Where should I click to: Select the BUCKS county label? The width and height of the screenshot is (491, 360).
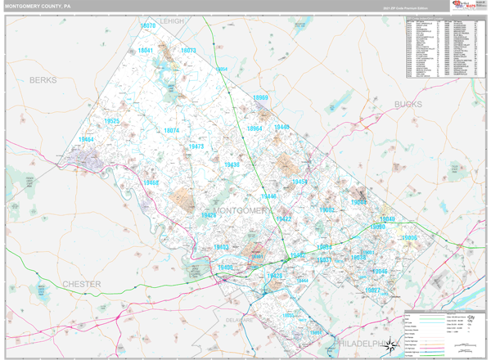point(408,105)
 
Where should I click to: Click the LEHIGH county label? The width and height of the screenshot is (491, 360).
point(174,19)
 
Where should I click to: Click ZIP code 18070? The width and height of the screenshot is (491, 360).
point(148,26)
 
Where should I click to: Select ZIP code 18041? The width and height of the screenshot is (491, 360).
point(146,51)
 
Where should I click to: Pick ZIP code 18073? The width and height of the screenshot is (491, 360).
point(188,51)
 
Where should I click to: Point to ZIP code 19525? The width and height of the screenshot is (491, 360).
point(112,121)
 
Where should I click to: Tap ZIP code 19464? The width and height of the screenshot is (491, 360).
point(87,140)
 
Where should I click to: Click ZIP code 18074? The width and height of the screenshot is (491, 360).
point(171,130)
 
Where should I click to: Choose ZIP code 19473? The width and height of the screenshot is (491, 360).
point(196,146)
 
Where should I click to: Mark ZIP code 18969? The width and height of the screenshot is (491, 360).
point(261,98)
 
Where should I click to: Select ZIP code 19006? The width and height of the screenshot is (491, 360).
point(408,237)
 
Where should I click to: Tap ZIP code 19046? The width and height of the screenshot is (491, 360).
point(379,271)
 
